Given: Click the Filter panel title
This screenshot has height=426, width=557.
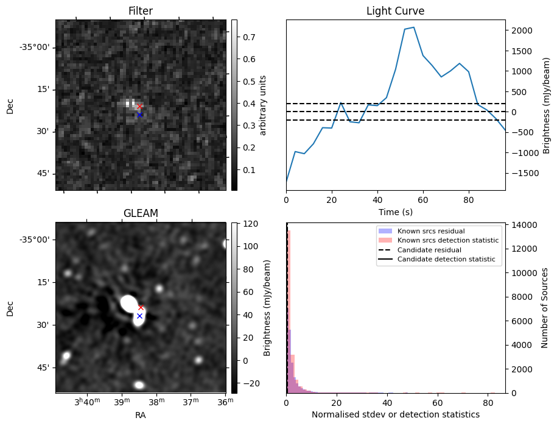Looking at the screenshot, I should point(140,11).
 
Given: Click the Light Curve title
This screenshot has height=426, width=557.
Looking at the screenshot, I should point(395,11).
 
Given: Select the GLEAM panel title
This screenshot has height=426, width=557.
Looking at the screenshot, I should point(140,213).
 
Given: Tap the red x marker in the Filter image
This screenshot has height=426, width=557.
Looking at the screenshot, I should point(139,107).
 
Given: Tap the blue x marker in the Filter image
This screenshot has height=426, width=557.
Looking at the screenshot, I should point(139,115).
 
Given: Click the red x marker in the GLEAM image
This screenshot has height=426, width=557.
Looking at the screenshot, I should point(141,308).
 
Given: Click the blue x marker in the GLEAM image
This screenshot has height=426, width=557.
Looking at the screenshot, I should point(139,316).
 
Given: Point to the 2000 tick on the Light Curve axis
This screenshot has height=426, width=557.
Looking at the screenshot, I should point(521,30).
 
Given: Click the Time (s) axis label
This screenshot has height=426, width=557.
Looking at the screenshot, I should point(395,211).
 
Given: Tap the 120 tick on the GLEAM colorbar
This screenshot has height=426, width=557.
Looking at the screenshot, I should point(248,224).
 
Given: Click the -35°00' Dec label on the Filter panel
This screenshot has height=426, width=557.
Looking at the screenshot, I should point(35,48).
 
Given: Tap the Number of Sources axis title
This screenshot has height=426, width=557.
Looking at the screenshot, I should point(545,308).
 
